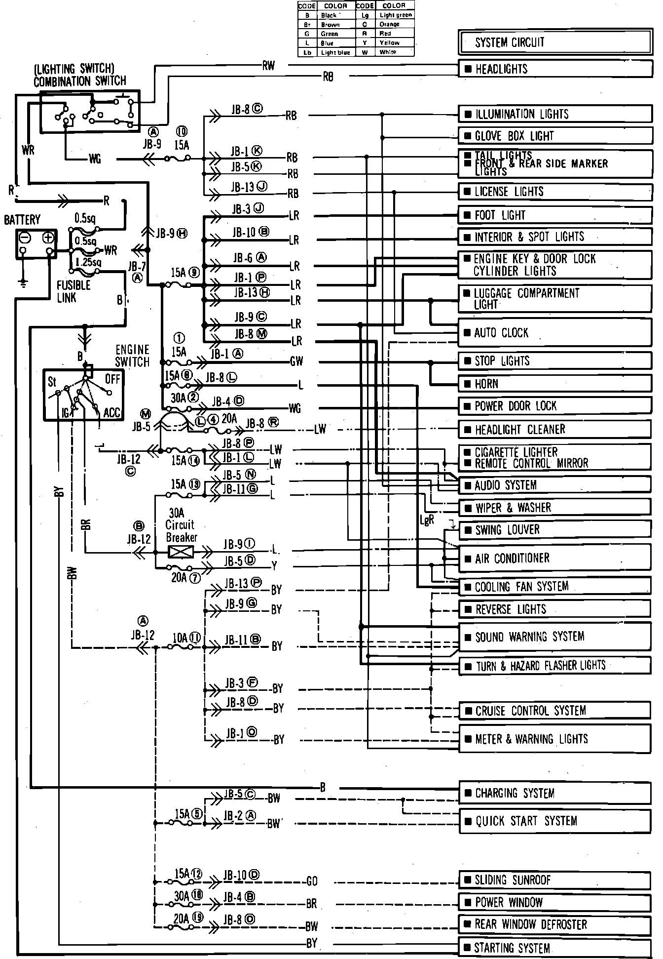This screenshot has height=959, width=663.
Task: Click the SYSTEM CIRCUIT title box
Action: tap(555, 42)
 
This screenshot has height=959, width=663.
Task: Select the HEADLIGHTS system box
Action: tap(555, 69)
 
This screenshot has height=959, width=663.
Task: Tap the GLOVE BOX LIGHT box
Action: tap(555, 136)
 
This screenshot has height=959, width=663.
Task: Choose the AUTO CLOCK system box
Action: tap(555, 333)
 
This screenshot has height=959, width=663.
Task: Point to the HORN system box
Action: tap(555, 384)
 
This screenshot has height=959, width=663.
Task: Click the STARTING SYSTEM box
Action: tap(555, 948)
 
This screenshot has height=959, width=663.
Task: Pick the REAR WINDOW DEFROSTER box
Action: tap(555, 924)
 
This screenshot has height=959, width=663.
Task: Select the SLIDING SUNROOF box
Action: tap(555, 879)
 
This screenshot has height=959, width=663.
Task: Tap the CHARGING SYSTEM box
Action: tap(555, 793)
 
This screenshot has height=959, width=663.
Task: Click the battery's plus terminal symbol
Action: tap(48, 238)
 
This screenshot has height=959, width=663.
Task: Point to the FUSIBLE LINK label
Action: tap(74, 291)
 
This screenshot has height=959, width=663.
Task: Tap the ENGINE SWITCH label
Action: tap(132, 356)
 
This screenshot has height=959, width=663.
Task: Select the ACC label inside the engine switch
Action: tap(111, 412)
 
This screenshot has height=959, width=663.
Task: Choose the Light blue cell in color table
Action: tap(335, 52)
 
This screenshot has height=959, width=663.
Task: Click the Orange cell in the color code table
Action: tap(389, 24)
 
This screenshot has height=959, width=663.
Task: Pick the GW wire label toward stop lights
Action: tap(296, 361)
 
